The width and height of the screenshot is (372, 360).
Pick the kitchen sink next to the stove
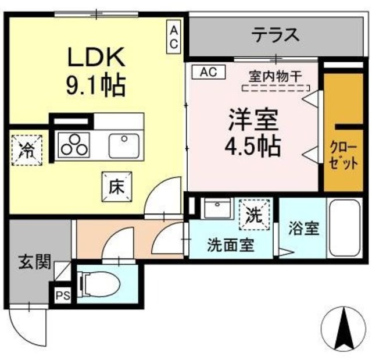tap(123, 144)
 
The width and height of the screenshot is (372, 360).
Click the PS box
tap(63, 295)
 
